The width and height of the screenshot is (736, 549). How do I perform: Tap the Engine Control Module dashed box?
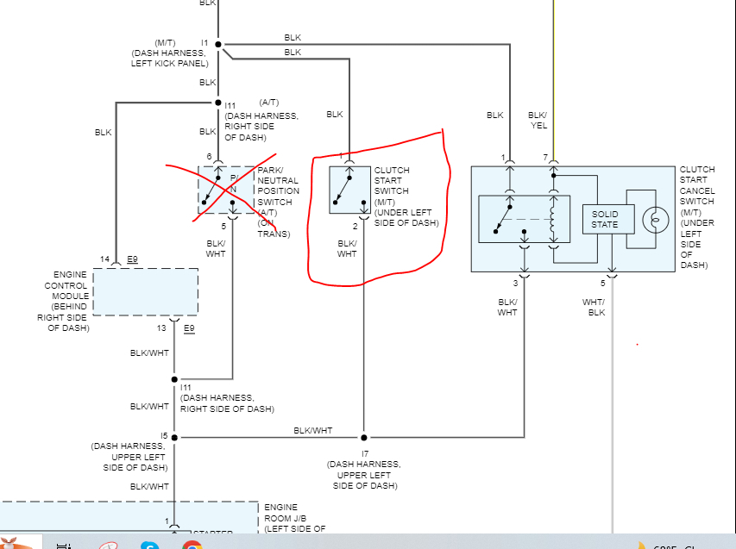click(145, 291)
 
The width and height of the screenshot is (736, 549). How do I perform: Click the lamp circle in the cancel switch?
click(655, 219)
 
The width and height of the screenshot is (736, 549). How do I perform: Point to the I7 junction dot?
click(364, 437)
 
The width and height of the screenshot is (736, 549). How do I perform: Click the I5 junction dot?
click(174, 437)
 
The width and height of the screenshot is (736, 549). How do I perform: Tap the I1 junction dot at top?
click(218, 43)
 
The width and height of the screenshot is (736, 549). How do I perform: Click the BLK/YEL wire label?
click(537, 120)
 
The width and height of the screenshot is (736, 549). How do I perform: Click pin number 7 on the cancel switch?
click(544, 156)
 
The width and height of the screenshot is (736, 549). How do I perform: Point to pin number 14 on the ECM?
click(104, 259)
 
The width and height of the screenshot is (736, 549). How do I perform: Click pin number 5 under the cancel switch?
click(603, 283)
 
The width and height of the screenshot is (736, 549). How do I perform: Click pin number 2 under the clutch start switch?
click(355, 226)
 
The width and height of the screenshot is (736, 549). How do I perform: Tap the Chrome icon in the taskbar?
click(192, 545)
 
